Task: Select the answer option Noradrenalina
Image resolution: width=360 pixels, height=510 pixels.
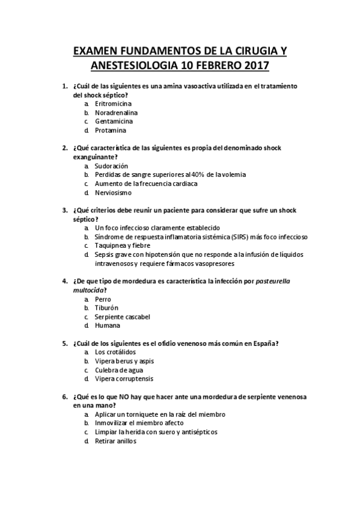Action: [116, 112]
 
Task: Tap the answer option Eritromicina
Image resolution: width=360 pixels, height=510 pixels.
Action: [113, 103]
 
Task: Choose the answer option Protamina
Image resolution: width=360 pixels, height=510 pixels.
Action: [110, 130]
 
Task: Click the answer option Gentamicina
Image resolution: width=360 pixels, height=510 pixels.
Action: [114, 121]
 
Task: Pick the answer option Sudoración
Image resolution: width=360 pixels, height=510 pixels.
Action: [111, 165]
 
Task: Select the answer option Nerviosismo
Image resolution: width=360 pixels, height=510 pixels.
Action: [113, 192]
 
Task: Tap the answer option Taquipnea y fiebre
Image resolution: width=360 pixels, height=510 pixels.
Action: [124, 245]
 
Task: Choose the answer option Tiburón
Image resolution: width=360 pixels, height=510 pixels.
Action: [108, 307]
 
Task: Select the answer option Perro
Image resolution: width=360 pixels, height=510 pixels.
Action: [103, 299]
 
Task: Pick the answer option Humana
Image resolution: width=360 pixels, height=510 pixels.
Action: [107, 325]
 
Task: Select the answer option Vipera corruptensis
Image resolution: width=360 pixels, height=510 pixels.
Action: [124, 379]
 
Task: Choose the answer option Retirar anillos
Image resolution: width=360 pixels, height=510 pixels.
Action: [116, 441]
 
